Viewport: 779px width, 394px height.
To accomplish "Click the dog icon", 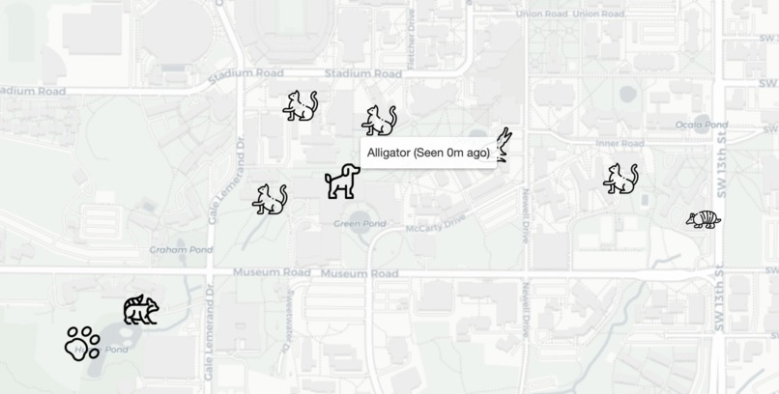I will [342, 181].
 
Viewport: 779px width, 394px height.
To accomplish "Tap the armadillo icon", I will [703, 219].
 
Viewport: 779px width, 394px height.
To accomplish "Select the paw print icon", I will [82, 343].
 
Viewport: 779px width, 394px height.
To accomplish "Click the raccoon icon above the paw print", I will [140, 310].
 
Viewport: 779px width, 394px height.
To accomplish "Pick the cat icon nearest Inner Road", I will [620, 179].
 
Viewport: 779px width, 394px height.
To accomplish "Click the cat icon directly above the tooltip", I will [379, 121].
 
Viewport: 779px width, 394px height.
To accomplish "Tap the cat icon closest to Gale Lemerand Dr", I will [270, 199].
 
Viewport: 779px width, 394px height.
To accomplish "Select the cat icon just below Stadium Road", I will [301, 105].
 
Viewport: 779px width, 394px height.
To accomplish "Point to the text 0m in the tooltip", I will [455, 153].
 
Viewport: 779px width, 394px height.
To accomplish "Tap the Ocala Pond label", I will [701, 125].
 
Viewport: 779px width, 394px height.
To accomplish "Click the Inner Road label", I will [620, 143].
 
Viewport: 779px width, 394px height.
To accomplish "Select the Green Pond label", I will [360, 223].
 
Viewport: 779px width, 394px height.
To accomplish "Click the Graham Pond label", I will [181, 249].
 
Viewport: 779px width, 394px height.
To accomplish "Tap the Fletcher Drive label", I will [411, 21].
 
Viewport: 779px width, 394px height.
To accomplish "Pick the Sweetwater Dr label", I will [288, 309].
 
